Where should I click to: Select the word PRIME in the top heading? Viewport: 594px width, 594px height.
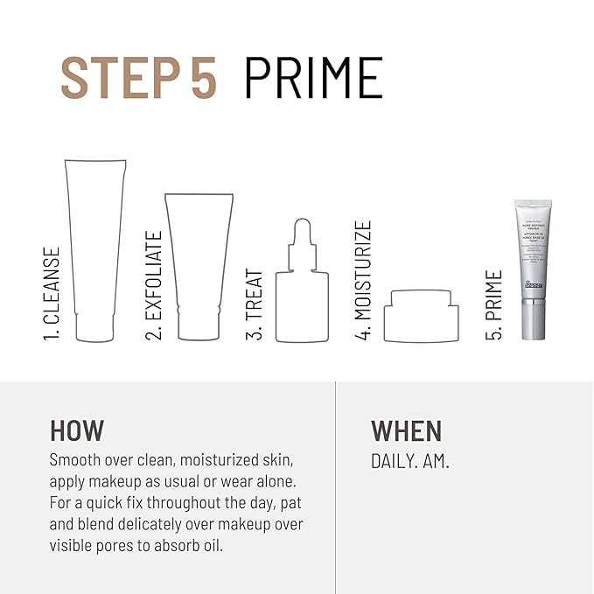(313, 79)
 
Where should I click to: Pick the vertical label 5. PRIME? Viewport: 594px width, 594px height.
(495, 305)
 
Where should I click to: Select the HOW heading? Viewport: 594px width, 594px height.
(77, 430)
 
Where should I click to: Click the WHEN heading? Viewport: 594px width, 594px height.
(407, 430)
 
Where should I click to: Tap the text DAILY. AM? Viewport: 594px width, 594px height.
(410, 461)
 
